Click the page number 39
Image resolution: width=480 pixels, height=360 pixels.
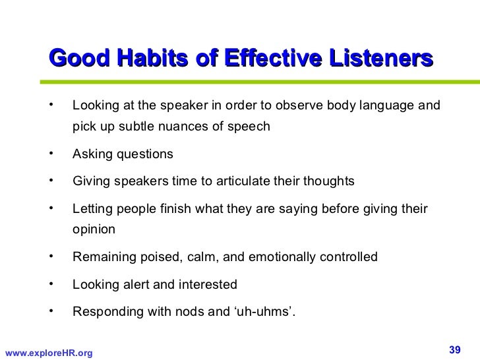[454, 348]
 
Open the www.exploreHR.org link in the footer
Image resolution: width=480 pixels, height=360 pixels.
[48, 353]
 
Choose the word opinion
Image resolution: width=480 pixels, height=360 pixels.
[94, 230]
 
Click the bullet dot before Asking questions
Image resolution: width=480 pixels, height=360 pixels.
[50, 154]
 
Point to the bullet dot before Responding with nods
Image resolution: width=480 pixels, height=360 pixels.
[50, 311]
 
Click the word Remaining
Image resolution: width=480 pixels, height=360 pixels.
[102, 257]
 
